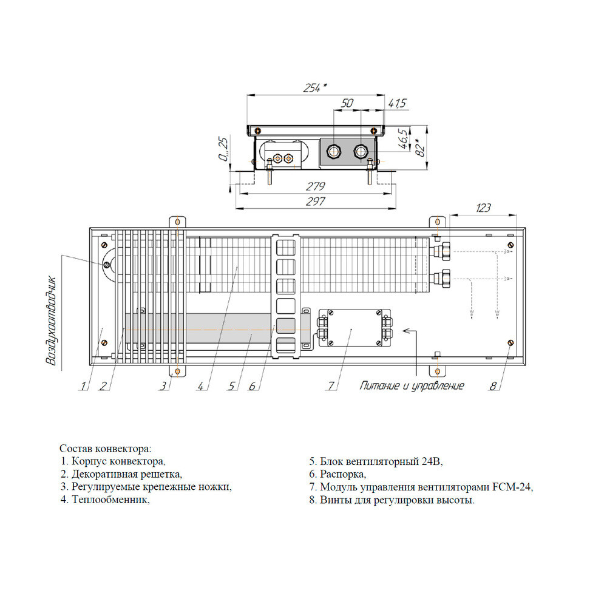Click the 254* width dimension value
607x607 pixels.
pyautogui.click(x=314, y=88)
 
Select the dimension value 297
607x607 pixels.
pyautogui.click(x=316, y=202)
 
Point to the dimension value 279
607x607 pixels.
pyautogui.click(x=316, y=186)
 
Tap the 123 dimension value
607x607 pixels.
pyautogui.click(x=483, y=208)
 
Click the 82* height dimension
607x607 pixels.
pyautogui.click(x=421, y=148)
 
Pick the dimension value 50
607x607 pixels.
pyautogui.click(x=347, y=103)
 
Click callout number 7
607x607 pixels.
pyautogui.click(x=331, y=385)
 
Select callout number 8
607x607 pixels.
pyautogui.click(x=493, y=385)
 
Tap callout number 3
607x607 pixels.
pyautogui.click(x=164, y=385)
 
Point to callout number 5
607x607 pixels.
pyautogui.click(x=231, y=385)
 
